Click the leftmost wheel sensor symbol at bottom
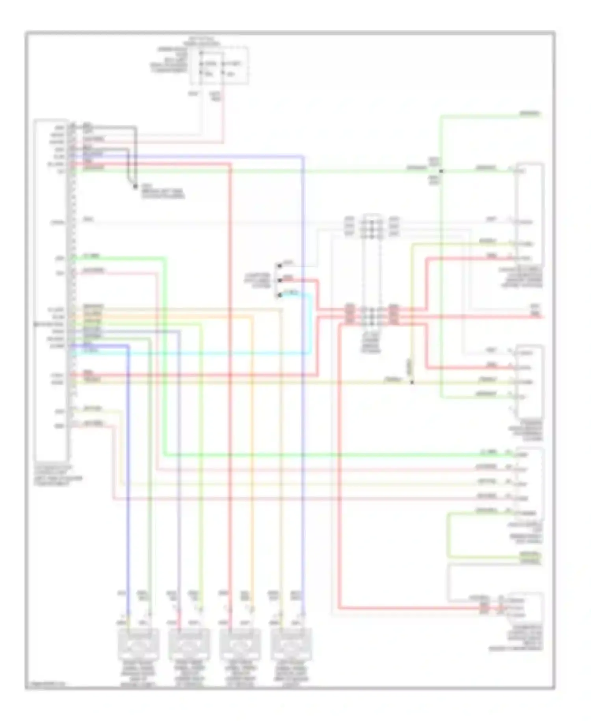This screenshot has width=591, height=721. coord(139,643)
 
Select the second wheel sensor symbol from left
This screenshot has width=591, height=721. coord(189,643)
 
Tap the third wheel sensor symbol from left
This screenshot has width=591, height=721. coord(240,643)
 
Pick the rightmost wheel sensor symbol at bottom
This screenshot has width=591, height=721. coord(291,643)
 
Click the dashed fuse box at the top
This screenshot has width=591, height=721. coord(219,65)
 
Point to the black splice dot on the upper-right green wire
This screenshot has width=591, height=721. coord(441,171)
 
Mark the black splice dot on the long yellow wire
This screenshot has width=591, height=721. coord(412,382)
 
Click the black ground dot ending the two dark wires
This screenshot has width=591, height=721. coord(135,185)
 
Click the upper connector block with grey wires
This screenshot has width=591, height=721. coord(372,227)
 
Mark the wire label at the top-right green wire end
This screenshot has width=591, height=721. coord(530,114)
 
